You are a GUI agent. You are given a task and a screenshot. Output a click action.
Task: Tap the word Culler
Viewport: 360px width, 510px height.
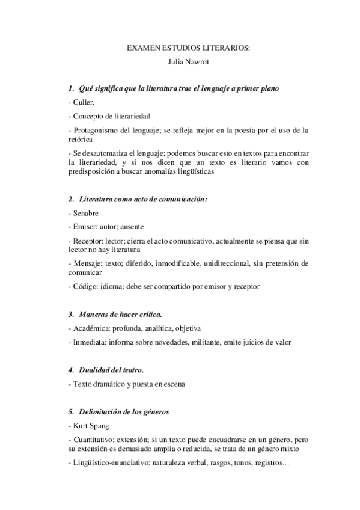coord(84,103)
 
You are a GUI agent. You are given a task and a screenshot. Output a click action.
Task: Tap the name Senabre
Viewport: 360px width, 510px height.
coord(86,213)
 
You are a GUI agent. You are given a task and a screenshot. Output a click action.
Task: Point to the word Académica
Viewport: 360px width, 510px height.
coord(91,328)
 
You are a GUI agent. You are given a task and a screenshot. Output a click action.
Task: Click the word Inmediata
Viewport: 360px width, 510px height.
coord(89,342)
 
